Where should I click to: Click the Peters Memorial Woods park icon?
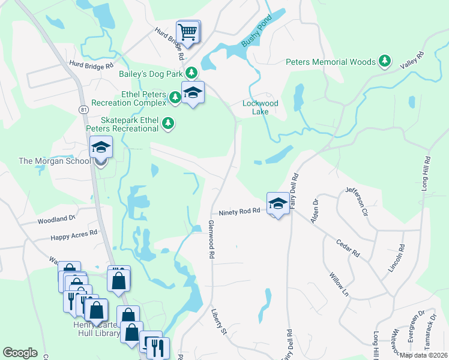(x=385, y=61)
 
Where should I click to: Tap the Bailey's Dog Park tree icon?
(x=191, y=73)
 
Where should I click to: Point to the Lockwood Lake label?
(x=260, y=107)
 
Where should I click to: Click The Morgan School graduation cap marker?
(x=101, y=148)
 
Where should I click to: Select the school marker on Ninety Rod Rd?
(x=277, y=203)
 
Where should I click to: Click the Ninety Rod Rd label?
(x=240, y=211)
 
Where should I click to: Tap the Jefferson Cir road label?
(x=355, y=202)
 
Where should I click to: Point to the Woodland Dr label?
(x=56, y=220)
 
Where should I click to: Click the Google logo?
(x=20, y=353)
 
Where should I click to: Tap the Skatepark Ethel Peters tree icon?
(x=169, y=124)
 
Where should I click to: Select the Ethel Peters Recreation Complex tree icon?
(x=175, y=97)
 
